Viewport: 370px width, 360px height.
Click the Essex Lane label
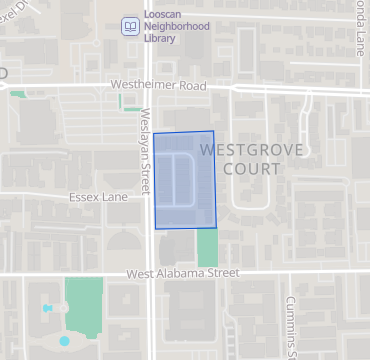pyautogui.click(x=99, y=197)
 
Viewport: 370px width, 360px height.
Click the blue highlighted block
pyautogui.click(x=183, y=180)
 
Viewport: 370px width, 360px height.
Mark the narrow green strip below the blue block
pyautogui.click(x=207, y=246)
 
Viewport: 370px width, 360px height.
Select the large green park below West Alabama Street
pyautogui.click(x=84, y=305)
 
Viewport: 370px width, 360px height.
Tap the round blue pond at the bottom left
pyautogui.click(x=65, y=341)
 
